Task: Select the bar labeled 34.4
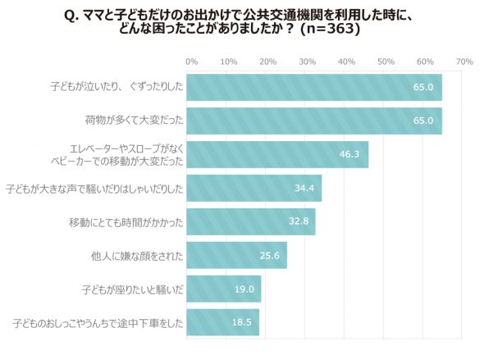click(x=254, y=189)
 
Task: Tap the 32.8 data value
click(x=297, y=222)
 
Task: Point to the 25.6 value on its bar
click(x=269, y=256)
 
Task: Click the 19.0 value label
click(x=244, y=289)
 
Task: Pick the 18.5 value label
click(x=241, y=323)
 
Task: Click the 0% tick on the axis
click(x=191, y=62)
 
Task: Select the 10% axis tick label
click(x=230, y=62)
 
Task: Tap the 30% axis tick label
click(x=308, y=62)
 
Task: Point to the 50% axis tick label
click(x=386, y=62)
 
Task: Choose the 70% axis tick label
click(x=464, y=62)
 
